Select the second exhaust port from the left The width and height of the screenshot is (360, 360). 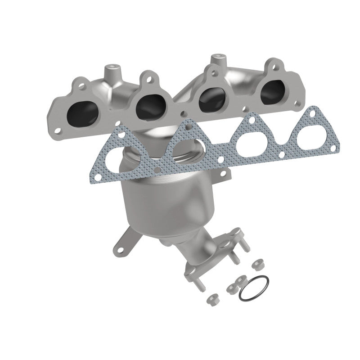[x=150, y=104]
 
